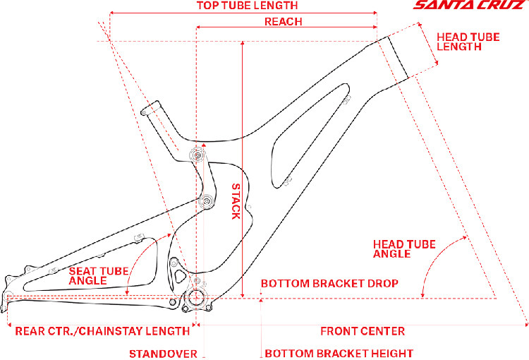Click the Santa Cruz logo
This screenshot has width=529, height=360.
coord(469,7)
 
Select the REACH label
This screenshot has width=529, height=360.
coord(283,21)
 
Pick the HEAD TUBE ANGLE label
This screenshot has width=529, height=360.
coord(404,249)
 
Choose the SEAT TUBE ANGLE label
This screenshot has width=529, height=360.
coord(97,275)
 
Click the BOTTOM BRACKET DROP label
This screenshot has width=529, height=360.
coord(330,283)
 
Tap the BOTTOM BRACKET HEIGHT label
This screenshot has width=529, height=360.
coord(339,353)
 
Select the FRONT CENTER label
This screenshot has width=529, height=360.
coord(363,330)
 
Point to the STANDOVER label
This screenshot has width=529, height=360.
coord(163,353)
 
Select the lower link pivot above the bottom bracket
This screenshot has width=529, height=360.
coord(207,203)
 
